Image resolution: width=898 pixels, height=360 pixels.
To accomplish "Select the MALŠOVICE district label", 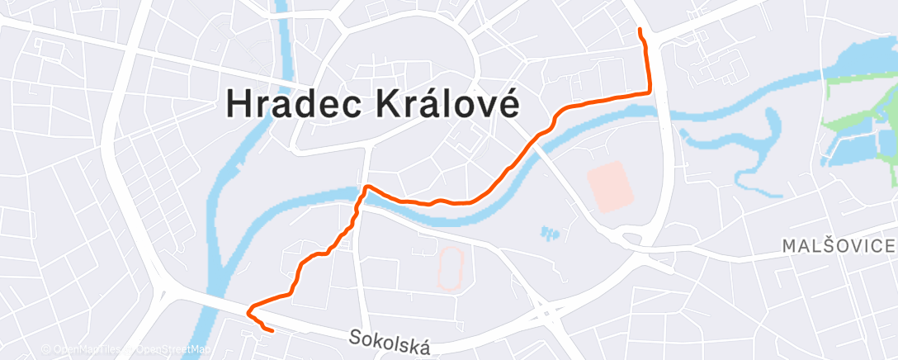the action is coord(839,246).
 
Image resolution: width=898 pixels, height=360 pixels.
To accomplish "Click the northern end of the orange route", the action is coord(641,31).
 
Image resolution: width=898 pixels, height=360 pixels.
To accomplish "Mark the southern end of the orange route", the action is coord(272,331).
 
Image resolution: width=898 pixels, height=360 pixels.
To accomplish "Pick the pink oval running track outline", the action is coord(450,268).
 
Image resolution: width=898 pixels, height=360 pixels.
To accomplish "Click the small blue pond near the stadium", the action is coord(549,234).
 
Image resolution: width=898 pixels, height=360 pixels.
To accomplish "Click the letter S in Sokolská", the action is coord(354,337).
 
